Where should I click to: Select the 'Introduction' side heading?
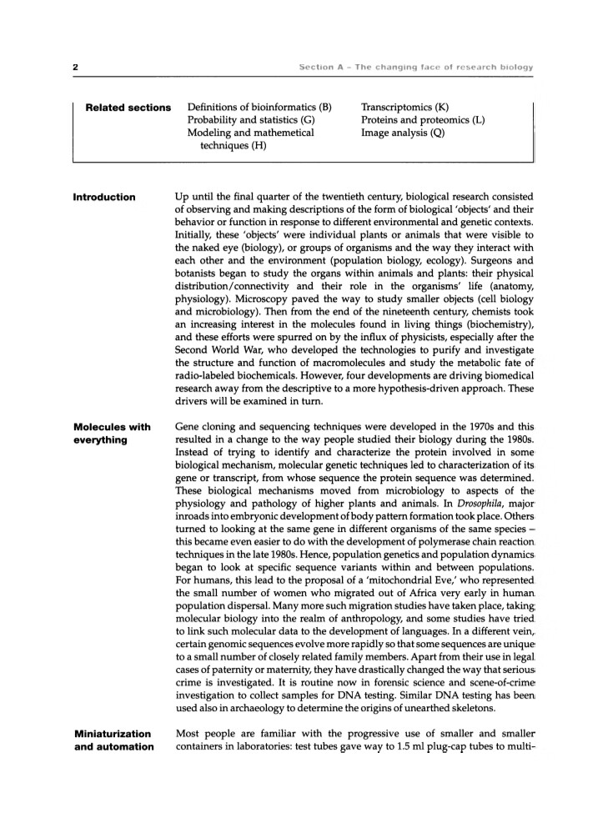click(104, 197)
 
